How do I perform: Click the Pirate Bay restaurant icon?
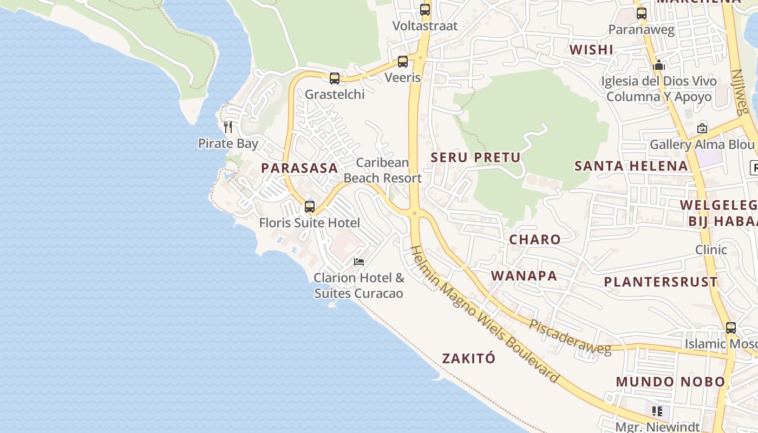[x=228, y=127]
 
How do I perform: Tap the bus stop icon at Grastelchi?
[x=335, y=78]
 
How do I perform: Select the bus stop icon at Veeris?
[x=403, y=62]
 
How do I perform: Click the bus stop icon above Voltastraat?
[x=425, y=10]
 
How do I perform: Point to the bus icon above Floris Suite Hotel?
[x=310, y=206]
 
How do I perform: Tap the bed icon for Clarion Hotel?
[x=359, y=262]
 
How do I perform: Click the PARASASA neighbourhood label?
[x=299, y=168]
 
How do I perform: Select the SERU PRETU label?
[x=475, y=158]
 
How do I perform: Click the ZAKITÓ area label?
[x=468, y=358]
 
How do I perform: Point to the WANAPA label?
[x=524, y=275]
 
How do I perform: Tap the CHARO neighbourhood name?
[x=535, y=239]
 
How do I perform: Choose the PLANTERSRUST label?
[x=661, y=282]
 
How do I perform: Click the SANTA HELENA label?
[x=631, y=166]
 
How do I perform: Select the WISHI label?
[x=591, y=50]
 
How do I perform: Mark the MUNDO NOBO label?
[x=670, y=382]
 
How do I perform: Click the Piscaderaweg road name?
[x=570, y=337]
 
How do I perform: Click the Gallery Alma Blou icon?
[x=702, y=128]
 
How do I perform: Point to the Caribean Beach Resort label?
[x=383, y=170]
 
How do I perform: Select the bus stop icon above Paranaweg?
[x=642, y=14]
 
